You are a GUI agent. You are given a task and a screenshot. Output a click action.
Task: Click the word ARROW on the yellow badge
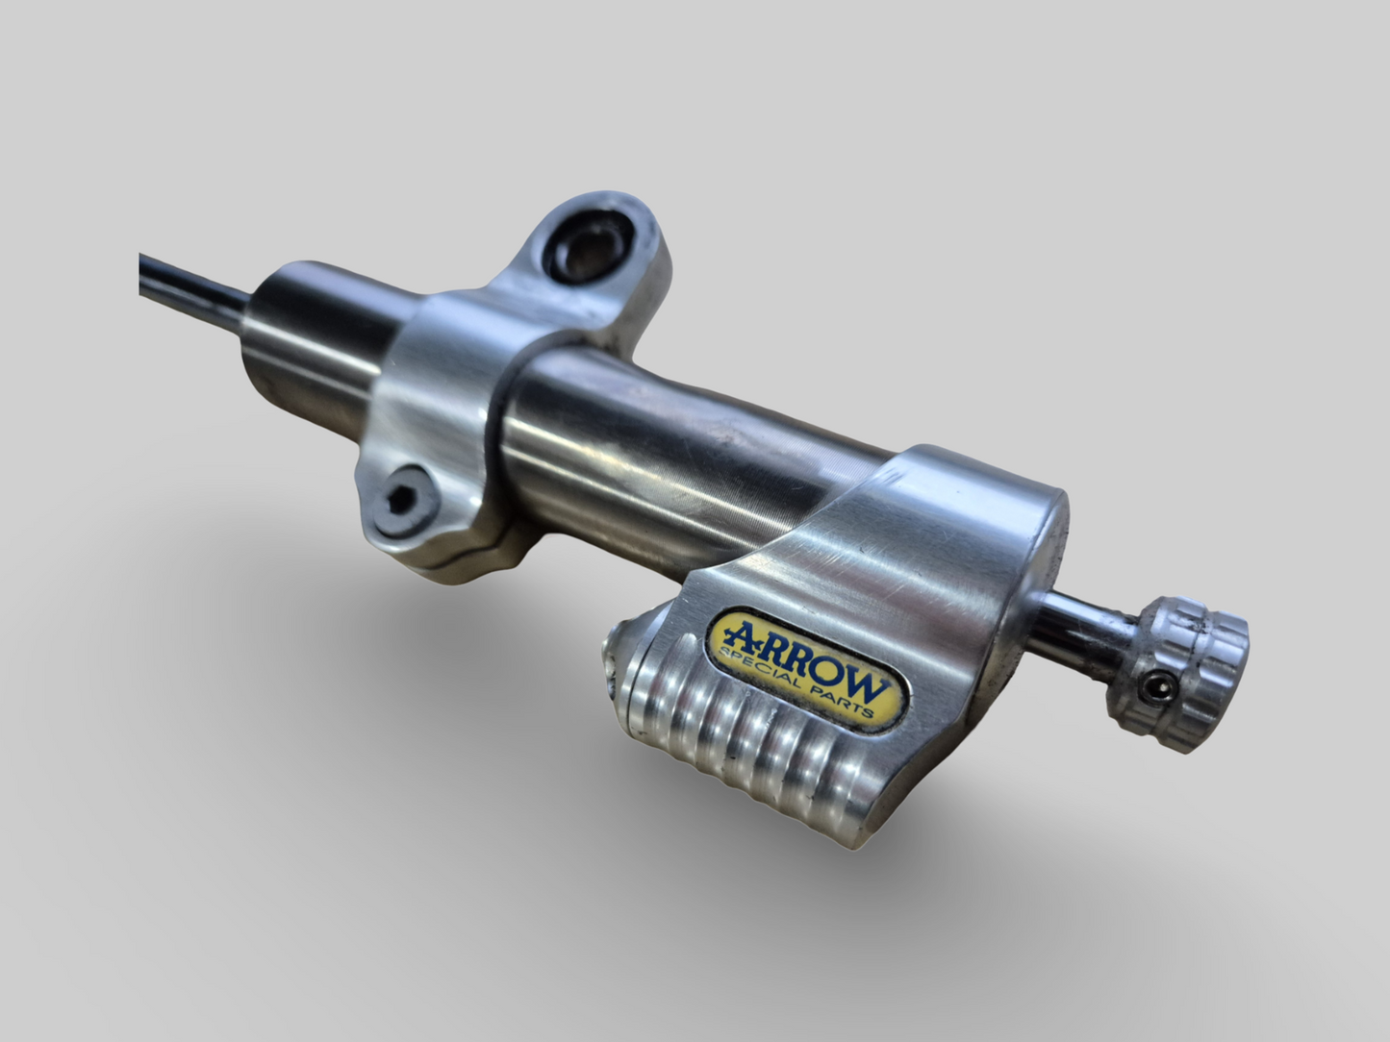pos(804,657)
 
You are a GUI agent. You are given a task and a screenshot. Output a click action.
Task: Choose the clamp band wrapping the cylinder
pos(442,404)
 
